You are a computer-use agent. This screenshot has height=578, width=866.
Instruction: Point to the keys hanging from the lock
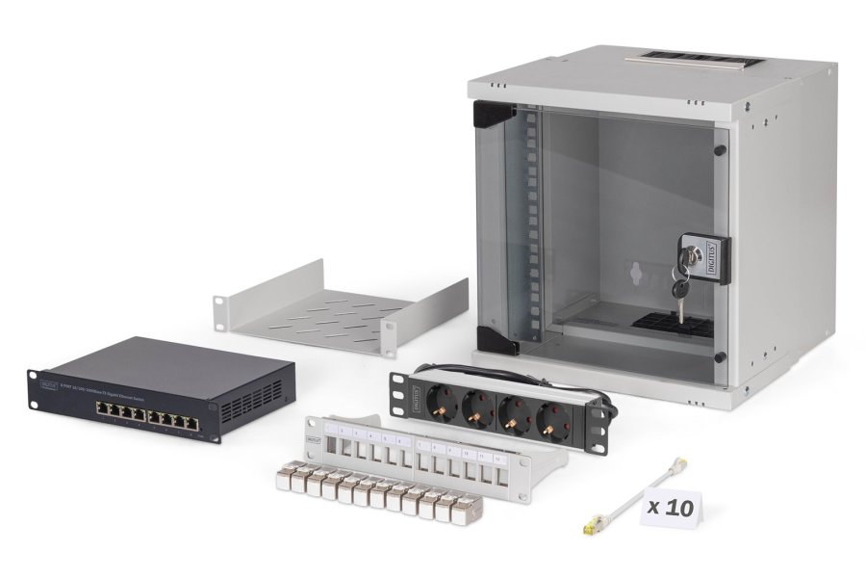(680, 295)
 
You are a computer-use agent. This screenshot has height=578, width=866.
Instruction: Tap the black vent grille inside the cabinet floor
(674, 324)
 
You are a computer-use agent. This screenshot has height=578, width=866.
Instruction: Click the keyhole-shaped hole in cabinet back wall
(636, 274)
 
